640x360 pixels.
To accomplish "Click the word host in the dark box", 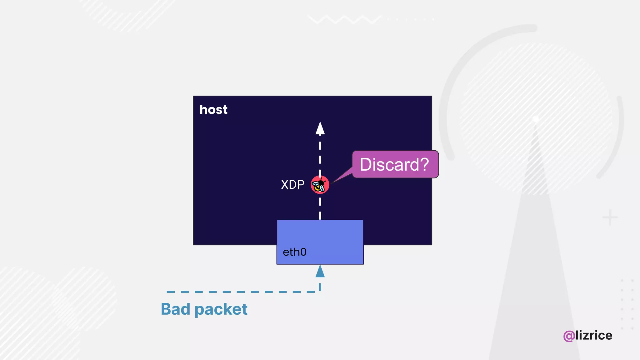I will (x=213, y=110).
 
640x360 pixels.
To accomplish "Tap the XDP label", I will (x=292, y=185).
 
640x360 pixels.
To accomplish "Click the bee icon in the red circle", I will (x=320, y=185).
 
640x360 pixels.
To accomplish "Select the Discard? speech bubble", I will (x=395, y=164).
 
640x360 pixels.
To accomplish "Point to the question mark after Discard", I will (x=424, y=164).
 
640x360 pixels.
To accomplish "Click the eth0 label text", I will (x=294, y=252).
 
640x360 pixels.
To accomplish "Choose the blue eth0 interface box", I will (x=320, y=237).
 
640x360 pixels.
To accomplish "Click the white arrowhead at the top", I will (x=320, y=128).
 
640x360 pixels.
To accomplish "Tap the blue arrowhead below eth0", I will (x=320, y=271).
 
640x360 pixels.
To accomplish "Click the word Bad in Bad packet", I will (x=175, y=309).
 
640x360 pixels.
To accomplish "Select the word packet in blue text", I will (x=221, y=310).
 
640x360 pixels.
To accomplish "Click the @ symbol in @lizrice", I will (x=569, y=336).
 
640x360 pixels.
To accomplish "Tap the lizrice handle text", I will (x=594, y=335).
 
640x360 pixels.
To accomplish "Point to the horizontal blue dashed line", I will (x=241, y=292).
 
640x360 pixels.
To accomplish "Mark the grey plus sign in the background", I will (x=610, y=217).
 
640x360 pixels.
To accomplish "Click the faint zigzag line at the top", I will (x=344, y=19).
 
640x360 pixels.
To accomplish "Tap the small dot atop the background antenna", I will (x=536, y=119).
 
